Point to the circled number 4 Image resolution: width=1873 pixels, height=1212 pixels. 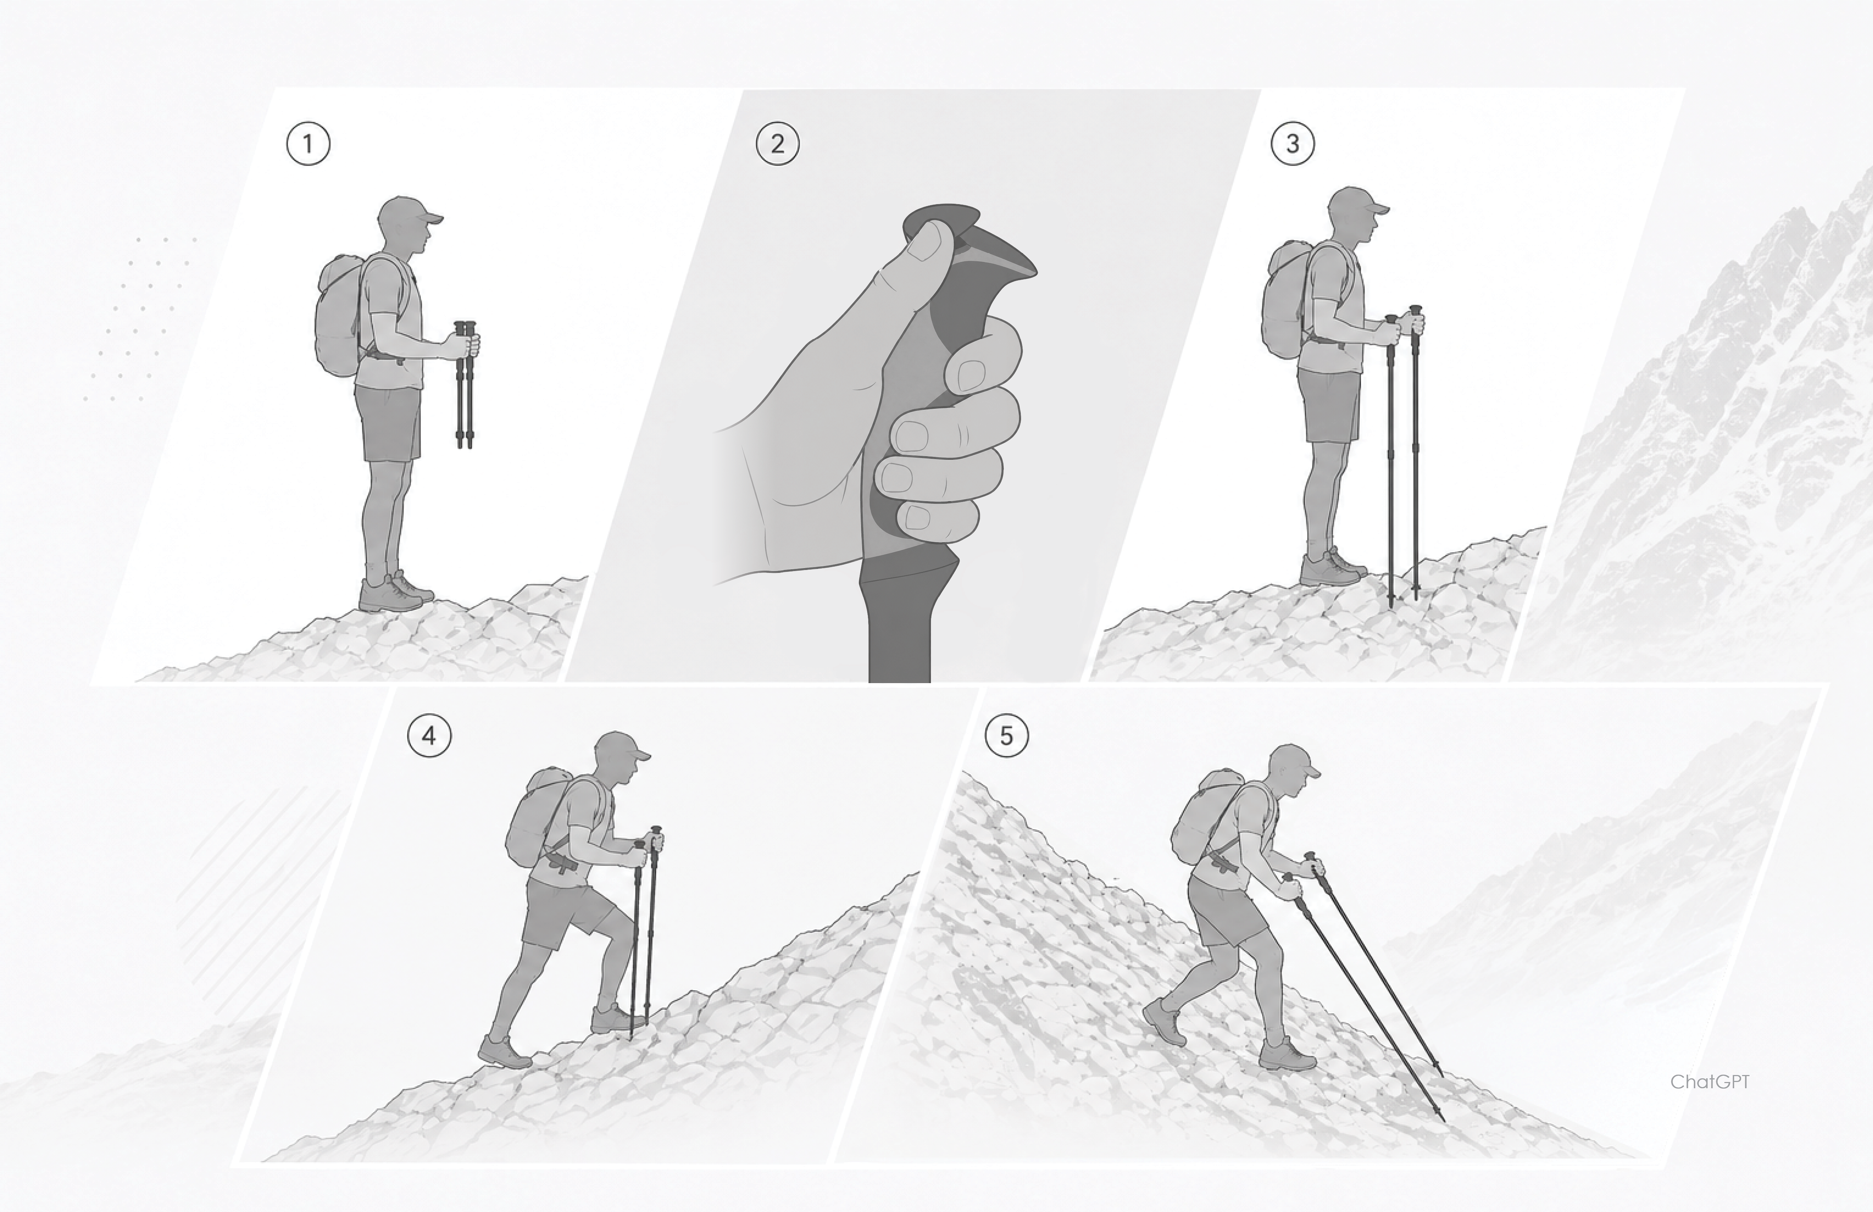pyautogui.click(x=429, y=736)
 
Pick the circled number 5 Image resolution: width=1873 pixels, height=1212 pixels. pyautogui.click(x=1007, y=736)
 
